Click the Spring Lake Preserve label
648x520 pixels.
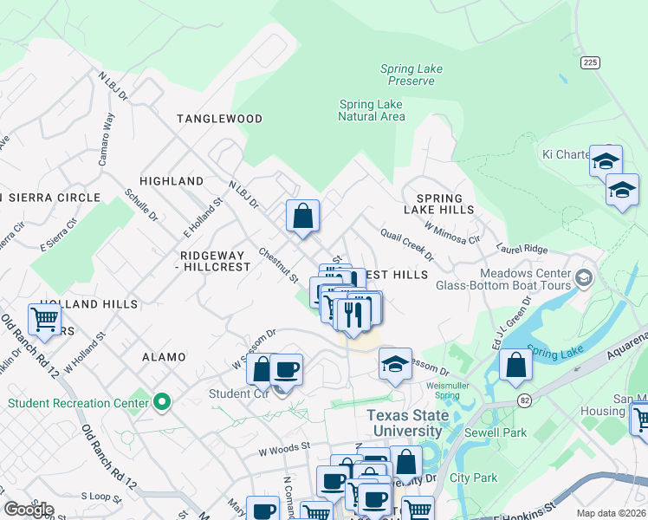[x=411, y=75]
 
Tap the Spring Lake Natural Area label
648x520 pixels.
[x=371, y=111]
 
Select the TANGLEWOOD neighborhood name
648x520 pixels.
[x=219, y=119]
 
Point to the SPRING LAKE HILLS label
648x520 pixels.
[x=438, y=204]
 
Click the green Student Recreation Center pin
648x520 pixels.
[x=161, y=402]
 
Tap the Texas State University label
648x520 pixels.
[x=407, y=423]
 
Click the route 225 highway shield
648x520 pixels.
[x=590, y=62]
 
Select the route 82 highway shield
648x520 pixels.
[x=525, y=400]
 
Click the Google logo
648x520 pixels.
[x=28, y=510]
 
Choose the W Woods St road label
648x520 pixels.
[x=283, y=451]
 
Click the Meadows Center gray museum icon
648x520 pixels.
[x=584, y=277]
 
